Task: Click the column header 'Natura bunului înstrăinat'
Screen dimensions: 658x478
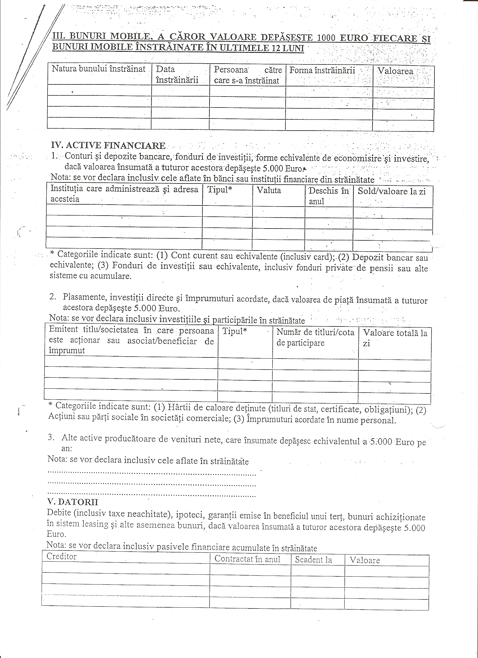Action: pos(99,69)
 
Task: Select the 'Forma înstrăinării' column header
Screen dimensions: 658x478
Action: pos(322,70)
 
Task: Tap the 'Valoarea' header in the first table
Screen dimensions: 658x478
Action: pos(396,71)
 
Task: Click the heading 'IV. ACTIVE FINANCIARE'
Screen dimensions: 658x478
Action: pos(108,145)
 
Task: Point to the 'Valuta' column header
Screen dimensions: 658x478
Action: pos(269,190)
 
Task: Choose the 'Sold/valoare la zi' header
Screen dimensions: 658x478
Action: pos(392,191)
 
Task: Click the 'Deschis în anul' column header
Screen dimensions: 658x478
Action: pos(329,196)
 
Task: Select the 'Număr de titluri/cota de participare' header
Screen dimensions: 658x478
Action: pos(315,337)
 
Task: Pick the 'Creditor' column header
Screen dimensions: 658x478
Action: pos(62,556)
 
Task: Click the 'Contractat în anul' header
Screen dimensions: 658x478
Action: pos(247,559)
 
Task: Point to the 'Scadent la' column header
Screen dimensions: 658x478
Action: pos(313,560)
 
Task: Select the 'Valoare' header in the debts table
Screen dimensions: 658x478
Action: pos(365,560)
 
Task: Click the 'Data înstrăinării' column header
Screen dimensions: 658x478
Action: pos(177,75)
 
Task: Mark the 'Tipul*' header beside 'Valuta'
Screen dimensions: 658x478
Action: pos(220,190)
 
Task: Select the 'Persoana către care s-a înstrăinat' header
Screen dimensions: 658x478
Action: pos(247,75)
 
